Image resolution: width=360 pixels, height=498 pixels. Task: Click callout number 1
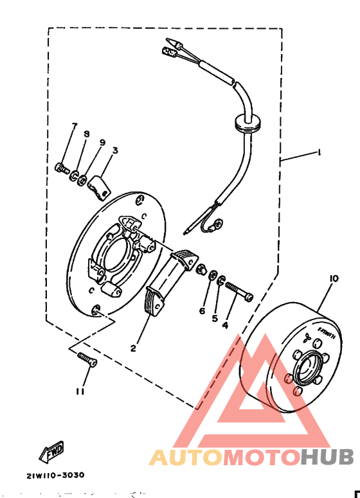click(317, 152)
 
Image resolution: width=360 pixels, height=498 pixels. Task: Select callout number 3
click(114, 150)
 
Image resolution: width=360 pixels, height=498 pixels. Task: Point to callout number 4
click(225, 325)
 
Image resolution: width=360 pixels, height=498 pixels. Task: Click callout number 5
click(215, 317)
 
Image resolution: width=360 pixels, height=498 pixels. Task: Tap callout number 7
click(74, 126)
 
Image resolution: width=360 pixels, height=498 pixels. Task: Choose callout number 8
click(87, 134)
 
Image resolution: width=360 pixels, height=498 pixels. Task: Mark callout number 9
click(102, 142)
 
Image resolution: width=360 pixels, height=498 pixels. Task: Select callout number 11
click(79, 391)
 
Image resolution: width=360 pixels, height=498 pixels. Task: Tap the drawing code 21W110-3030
click(55, 476)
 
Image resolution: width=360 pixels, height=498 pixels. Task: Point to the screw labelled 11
click(86, 360)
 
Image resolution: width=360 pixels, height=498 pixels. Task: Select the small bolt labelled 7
click(62, 169)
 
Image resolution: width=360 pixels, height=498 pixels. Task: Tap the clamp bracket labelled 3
click(98, 185)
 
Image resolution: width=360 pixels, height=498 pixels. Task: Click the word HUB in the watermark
click(328, 457)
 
